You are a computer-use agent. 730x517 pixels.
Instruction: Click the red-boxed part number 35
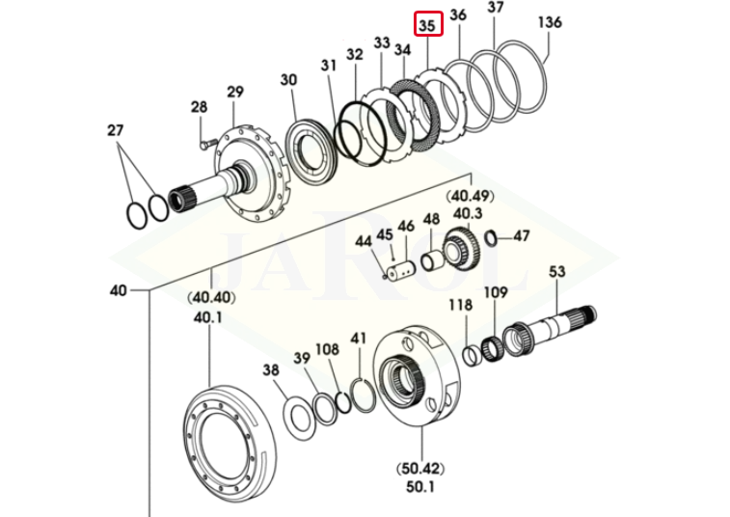click(428, 22)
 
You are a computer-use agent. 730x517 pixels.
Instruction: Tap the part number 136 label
click(549, 21)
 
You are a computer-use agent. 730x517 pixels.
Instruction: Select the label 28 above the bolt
click(199, 107)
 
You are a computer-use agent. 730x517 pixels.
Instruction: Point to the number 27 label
click(116, 129)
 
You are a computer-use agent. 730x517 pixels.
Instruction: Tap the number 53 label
click(557, 272)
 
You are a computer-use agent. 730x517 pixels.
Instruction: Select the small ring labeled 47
click(491, 237)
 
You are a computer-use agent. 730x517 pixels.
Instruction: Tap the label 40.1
click(208, 317)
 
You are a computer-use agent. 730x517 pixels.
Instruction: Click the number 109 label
click(495, 292)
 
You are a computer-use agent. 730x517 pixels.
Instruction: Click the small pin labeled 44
click(388, 272)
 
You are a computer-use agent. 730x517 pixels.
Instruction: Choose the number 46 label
click(406, 226)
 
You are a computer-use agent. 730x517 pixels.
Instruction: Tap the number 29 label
click(235, 93)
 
